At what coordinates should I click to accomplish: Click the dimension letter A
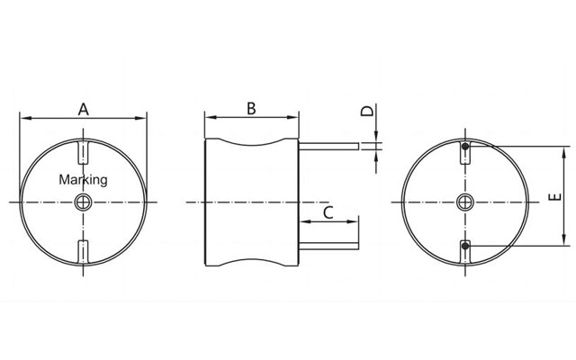tap(84, 109)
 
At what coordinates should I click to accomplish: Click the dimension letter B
tap(252, 108)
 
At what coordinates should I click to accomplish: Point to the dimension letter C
tap(328, 212)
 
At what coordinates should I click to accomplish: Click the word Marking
tap(83, 179)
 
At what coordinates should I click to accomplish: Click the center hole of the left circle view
tap(84, 201)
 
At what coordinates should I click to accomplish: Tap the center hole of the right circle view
tap(464, 201)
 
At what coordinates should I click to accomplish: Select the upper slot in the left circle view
tap(84, 150)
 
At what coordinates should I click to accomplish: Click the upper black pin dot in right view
tap(465, 147)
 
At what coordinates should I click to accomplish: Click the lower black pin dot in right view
tap(465, 246)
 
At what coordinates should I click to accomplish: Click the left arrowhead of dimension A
tap(24, 117)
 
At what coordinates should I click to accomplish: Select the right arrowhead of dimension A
tap(142, 117)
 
